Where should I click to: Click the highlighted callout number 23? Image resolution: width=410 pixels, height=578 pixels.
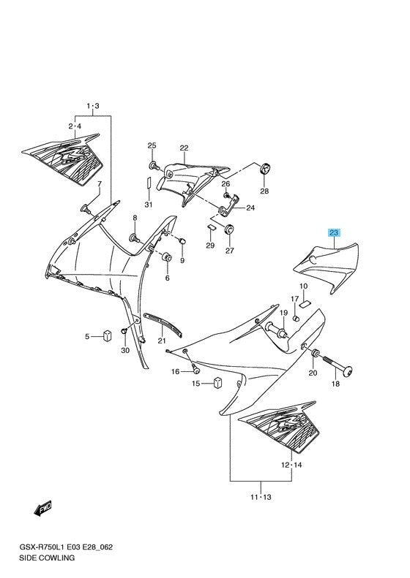[334, 232]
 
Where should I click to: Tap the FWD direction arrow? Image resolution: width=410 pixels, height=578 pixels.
[42, 509]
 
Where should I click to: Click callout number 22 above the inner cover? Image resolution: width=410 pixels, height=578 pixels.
[184, 148]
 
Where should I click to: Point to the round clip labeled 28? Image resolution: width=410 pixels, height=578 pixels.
[265, 169]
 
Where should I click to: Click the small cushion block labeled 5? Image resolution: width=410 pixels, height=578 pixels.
[107, 336]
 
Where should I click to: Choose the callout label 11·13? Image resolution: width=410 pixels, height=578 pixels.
[261, 497]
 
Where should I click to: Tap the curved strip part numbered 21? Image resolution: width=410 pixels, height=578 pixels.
[163, 324]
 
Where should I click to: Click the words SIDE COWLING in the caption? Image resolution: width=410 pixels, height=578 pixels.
[47, 558]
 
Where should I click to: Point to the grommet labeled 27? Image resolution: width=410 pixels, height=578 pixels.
[228, 229]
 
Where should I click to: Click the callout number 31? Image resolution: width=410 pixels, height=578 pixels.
[148, 205]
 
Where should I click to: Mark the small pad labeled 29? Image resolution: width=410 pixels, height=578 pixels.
[211, 227]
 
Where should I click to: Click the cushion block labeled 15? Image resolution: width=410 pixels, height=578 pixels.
[218, 383]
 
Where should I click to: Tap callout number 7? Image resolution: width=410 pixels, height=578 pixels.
[100, 184]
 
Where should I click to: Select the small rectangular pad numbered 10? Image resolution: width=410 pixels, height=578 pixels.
[305, 303]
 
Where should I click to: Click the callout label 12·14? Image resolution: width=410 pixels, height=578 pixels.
[291, 465]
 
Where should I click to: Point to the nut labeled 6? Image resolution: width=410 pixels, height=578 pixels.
[167, 257]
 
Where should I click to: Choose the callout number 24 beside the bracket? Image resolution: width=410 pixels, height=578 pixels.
[250, 208]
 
